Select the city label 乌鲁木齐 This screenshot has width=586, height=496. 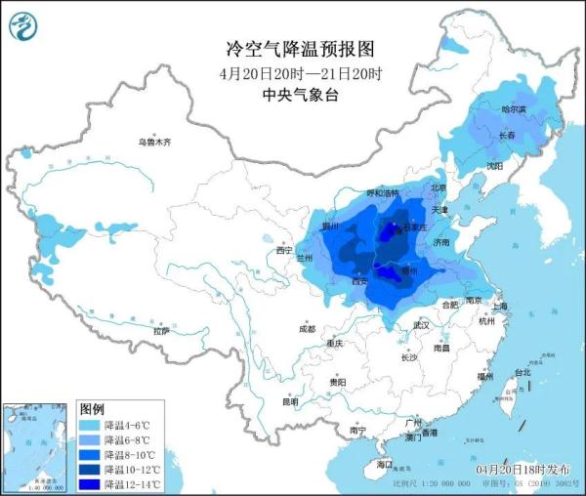click(x=153, y=143)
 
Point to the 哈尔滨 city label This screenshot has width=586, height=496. click(x=513, y=109)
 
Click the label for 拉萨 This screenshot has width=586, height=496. click(x=161, y=331)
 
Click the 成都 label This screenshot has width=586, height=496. click(x=308, y=328)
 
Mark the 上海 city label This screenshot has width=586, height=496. click(x=500, y=307)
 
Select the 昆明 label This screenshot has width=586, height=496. click(x=290, y=401)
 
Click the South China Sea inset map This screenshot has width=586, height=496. click(x=37, y=445)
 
